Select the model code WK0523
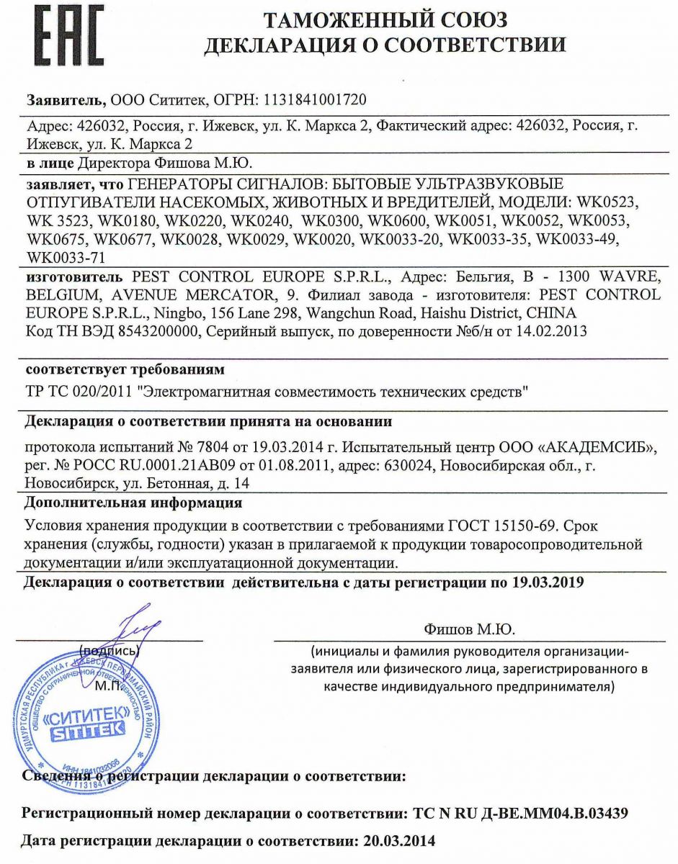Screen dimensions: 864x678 (627, 201)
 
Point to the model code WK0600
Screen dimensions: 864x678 (398, 219)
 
